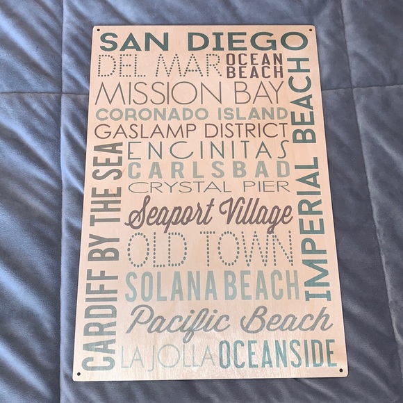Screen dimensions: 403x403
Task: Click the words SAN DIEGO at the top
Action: coord(203,40)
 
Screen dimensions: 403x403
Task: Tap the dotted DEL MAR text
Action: coord(159,66)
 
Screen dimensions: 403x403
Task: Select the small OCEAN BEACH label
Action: coord(254,65)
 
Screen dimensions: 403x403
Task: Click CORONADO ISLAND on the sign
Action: coord(192,113)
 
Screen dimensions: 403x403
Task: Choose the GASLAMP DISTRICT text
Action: coord(190,131)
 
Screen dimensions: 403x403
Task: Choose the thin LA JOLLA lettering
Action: coord(167,355)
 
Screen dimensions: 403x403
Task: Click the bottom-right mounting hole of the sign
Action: coord(341,372)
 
